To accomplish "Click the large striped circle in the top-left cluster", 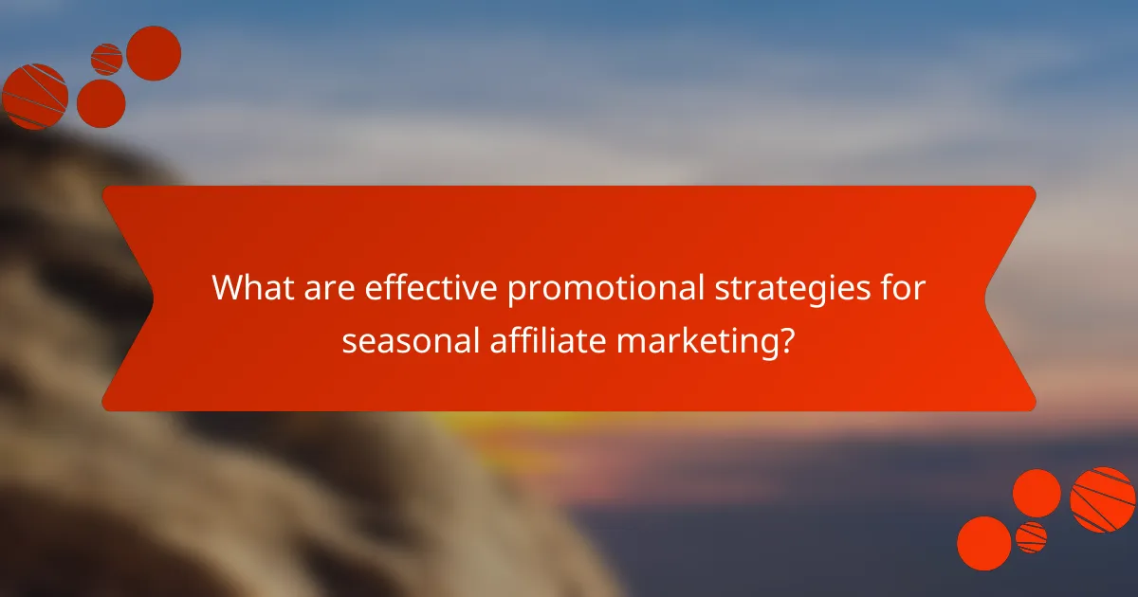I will click(x=35, y=96).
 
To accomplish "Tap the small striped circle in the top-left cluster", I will click(x=107, y=59).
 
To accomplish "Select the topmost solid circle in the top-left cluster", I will click(x=154, y=53).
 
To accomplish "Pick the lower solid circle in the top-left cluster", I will click(x=101, y=103).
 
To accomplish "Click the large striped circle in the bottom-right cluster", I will click(x=1103, y=499).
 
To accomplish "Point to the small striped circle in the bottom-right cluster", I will click(x=1031, y=537).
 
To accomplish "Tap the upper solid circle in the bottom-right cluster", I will click(x=1037, y=493).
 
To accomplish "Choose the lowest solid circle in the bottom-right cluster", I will click(x=984, y=543).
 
